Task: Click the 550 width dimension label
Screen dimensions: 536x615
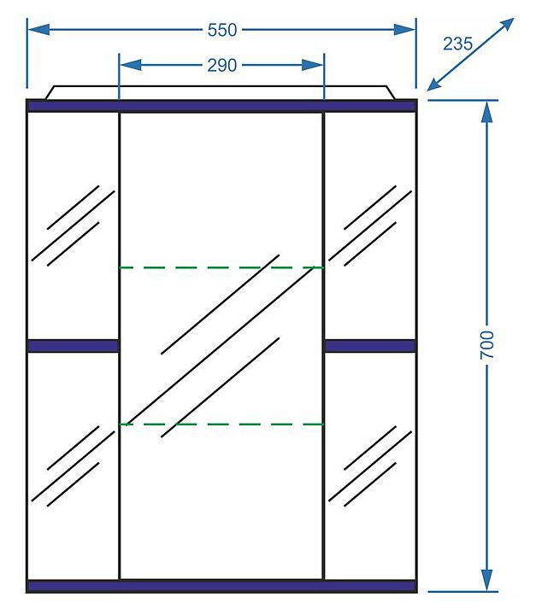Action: coord(222,30)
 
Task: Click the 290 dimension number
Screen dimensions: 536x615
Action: coord(222,66)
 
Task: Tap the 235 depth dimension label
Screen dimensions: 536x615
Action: coord(458,44)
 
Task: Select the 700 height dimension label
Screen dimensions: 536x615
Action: coord(487,344)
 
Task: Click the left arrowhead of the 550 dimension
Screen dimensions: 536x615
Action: coord(38,30)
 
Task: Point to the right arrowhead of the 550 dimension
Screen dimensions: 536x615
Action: coord(404,30)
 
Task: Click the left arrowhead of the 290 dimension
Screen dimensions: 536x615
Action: coord(131,65)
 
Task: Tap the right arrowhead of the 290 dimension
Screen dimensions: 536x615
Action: coord(313,65)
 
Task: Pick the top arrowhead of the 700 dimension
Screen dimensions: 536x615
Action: coord(487,113)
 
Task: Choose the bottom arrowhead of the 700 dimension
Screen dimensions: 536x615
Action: coord(487,580)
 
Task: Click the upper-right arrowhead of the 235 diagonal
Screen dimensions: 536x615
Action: coord(507,24)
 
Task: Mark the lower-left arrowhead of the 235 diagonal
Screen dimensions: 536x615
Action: coord(434,85)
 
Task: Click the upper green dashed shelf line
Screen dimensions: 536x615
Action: coord(221,267)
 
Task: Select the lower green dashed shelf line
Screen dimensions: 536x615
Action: coord(221,425)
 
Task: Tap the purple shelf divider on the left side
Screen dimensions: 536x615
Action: coord(73,346)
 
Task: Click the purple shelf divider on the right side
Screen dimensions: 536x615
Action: coord(370,346)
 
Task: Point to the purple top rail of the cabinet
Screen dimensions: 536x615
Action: coord(222,106)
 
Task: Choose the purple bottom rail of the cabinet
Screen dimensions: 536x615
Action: coord(222,586)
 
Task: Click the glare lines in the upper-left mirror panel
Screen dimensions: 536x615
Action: coord(73,225)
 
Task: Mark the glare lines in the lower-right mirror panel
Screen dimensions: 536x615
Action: coord(370,466)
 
